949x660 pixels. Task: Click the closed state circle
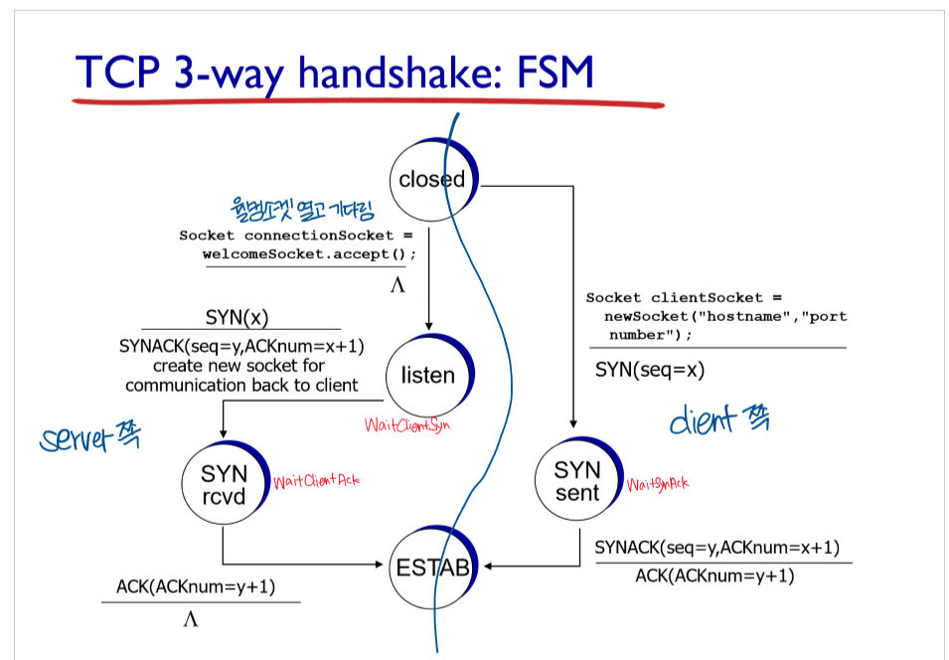click(x=431, y=180)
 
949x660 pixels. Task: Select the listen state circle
click(x=427, y=376)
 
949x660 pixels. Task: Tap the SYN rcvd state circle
click(x=224, y=482)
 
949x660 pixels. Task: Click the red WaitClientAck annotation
click(x=316, y=480)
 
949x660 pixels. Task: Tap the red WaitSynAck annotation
click(x=657, y=484)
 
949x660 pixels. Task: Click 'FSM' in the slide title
click(x=551, y=72)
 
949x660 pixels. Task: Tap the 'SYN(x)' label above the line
click(x=237, y=318)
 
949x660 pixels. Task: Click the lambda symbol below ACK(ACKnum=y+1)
click(x=191, y=619)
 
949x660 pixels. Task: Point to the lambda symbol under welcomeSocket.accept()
click(x=397, y=285)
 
